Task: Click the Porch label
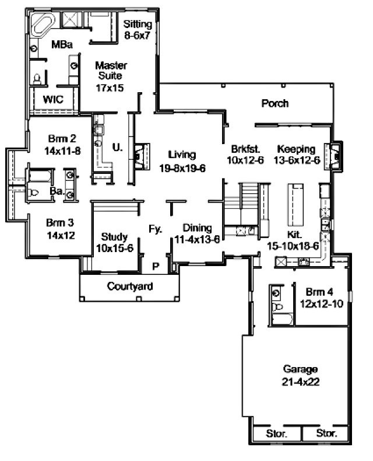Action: [x=275, y=103]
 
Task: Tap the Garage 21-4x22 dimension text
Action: [x=301, y=382]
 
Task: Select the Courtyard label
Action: [x=130, y=287]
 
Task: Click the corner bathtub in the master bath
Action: [x=43, y=25]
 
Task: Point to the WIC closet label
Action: [x=53, y=99]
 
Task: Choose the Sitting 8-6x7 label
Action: [x=138, y=29]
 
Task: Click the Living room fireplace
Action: [x=142, y=156]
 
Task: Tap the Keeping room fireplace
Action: [x=333, y=156]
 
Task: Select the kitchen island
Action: [x=295, y=205]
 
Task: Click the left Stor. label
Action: [x=276, y=434]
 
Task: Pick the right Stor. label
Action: [x=326, y=433]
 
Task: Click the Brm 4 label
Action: [x=319, y=292]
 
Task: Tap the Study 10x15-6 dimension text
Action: [x=115, y=248]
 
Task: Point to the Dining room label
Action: [x=198, y=228]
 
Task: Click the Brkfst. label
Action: [x=245, y=149]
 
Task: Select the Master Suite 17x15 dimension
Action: [x=110, y=88]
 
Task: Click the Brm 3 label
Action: [x=60, y=222]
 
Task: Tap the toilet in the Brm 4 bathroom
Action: [x=277, y=307]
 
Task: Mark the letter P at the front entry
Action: [x=156, y=266]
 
